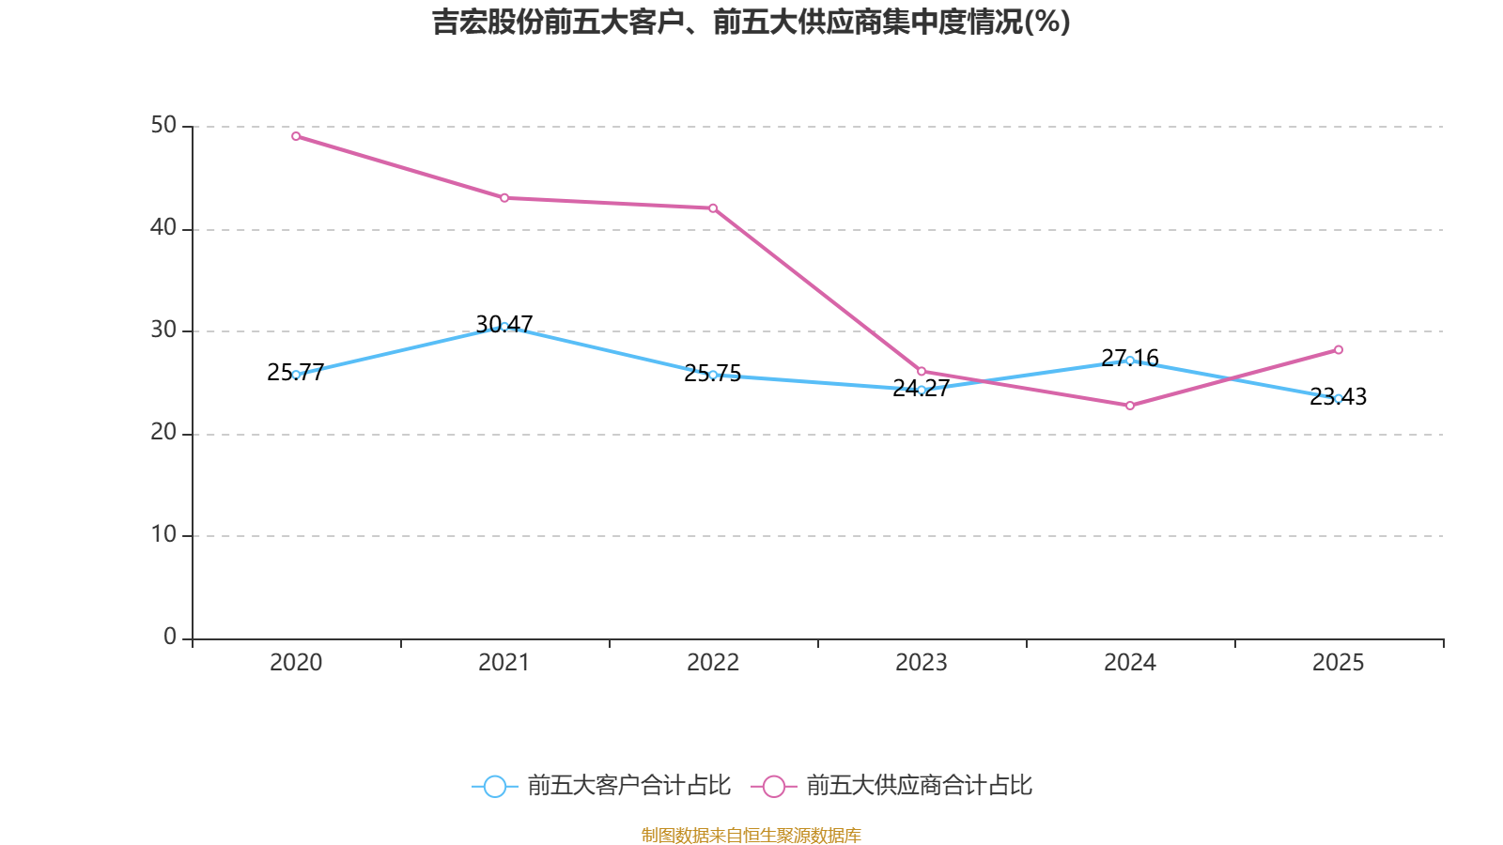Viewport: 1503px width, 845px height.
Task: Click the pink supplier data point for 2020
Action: [x=296, y=136]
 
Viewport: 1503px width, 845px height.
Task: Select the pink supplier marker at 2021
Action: [x=504, y=198]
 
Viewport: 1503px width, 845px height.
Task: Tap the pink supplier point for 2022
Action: [x=713, y=208]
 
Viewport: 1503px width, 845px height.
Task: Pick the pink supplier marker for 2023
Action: [x=922, y=372]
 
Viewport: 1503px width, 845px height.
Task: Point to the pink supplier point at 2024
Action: [x=1130, y=406]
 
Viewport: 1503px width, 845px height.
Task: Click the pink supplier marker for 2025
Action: [x=1339, y=350]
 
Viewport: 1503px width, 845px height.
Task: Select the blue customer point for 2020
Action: [x=296, y=375]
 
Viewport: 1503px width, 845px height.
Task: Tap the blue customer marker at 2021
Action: [x=504, y=327]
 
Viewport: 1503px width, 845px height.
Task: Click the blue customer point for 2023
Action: [x=922, y=390]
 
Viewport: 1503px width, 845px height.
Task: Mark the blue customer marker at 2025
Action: [x=1339, y=398]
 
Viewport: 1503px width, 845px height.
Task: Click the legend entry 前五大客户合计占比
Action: [x=602, y=786]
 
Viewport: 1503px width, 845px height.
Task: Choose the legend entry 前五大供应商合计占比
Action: [x=892, y=786]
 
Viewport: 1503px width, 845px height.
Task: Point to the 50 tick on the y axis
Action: [x=163, y=126]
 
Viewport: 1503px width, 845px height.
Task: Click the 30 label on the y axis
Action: [x=163, y=330]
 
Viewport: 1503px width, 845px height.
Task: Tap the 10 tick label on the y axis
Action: [x=163, y=535]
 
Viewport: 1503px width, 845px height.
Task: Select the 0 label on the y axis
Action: [x=170, y=638]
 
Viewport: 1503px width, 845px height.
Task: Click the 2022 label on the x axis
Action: [x=713, y=663]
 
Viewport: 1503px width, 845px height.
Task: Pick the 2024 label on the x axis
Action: [x=1130, y=663]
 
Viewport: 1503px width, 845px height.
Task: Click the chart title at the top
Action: [x=751, y=22]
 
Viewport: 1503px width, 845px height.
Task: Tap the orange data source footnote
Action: [x=751, y=835]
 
